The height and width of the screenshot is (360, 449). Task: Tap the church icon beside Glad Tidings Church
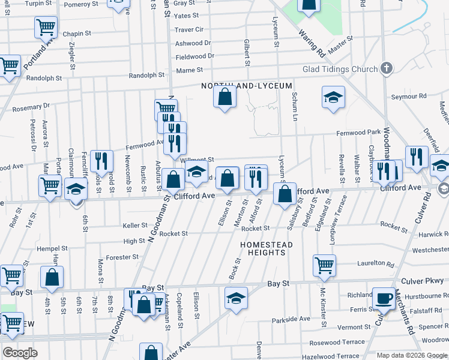(x=387, y=68)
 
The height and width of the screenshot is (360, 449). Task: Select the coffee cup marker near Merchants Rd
(x=384, y=298)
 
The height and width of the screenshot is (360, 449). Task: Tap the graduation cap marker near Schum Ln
(x=334, y=97)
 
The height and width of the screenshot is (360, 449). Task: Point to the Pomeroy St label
(x=80, y=4)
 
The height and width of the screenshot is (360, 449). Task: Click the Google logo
(x=20, y=353)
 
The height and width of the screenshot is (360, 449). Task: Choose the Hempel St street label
(x=52, y=248)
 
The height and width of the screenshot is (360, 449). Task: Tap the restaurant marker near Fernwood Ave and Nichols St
(x=101, y=161)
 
